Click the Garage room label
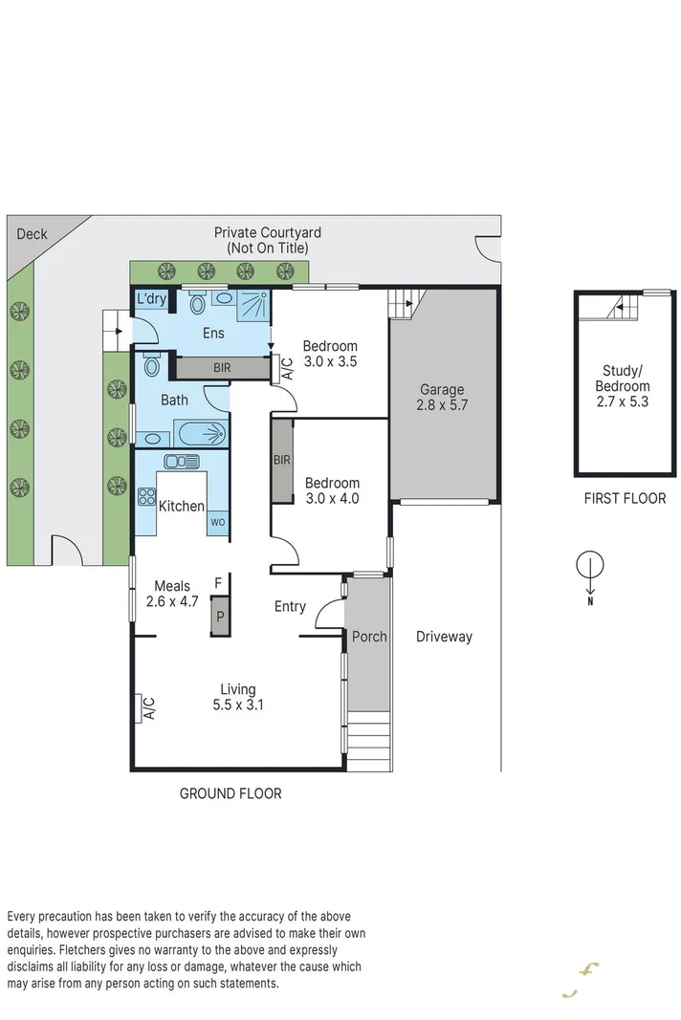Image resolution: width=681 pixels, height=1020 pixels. tap(442, 398)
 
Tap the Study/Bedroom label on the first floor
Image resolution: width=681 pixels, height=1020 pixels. tap(626, 386)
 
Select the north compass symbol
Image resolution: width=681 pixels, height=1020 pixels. tap(590, 567)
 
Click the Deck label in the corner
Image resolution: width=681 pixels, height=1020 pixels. tap(32, 233)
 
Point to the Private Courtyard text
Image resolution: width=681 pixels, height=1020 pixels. tap(267, 240)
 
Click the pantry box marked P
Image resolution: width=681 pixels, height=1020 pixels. tap(219, 617)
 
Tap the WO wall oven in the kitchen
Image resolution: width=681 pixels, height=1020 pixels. tap(218, 523)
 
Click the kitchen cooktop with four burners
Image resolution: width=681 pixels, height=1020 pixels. tap(147, 496)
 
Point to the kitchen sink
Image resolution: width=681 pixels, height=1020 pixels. tap(178, 461)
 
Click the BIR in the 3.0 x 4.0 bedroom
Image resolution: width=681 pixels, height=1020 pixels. tap(282, 461)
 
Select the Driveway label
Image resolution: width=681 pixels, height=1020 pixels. tap(444, 637)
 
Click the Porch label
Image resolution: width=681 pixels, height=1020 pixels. tap(369, 637)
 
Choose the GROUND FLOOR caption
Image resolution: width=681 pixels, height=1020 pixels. tap(231, 793)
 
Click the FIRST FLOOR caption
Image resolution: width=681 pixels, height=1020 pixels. tap(625, 498)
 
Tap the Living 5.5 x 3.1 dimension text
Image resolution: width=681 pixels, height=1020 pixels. tap(237, 705)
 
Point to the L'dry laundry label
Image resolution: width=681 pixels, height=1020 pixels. tap(151, 299)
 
